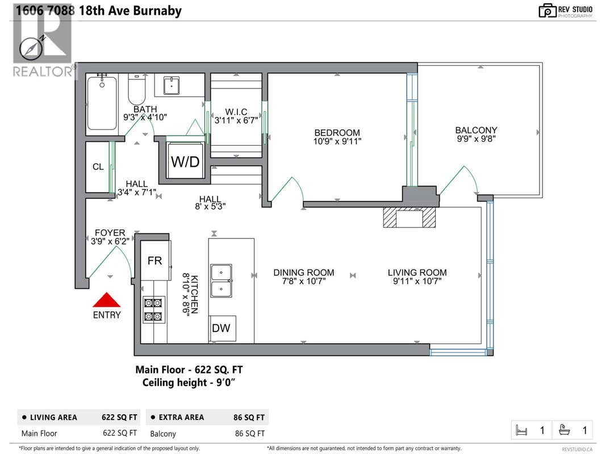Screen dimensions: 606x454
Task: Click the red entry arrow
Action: pyautogui.click(x=107, y=300)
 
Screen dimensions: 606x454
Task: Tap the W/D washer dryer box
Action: pyautogui.click(x=185, y=161)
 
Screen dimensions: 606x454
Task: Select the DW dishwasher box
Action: pyautogui.click(x=222, y=329)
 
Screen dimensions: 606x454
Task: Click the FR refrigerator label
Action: pyautogui.click(x=154, y=261)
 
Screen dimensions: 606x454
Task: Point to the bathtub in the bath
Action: pyautogui.click(x=102, y=103)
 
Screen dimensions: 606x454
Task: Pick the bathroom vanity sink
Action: pyautogui.click(x=171, y=86)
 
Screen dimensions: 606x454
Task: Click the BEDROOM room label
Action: pyautogui.click(x=337, y=133)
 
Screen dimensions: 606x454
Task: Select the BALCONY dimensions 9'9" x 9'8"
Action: pyautogui.click(x=476, y=139)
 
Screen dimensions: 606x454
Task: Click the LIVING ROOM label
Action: pyautogui.click(x=417, y=272)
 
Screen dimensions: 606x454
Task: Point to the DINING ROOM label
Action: pyautogui.click(x=304, y=272)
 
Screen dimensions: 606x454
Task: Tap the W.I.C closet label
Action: pyautogui.click(x=236, y=112)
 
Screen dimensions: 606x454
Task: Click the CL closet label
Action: pyautogui.click(x=98, y=167)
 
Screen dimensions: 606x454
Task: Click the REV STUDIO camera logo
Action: pyautogui.click(x=548, y=10)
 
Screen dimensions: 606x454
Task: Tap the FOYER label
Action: pyautogui.click(x=110, y=233)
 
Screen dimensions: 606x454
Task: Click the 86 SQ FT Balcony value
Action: pyautogui.click(x=250, y=434)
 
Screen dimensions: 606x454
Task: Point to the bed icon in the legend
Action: pyautogui.click(x=521, y=430)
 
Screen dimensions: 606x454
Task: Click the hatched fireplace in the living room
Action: pyautogui.click(x=409, y=217)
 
